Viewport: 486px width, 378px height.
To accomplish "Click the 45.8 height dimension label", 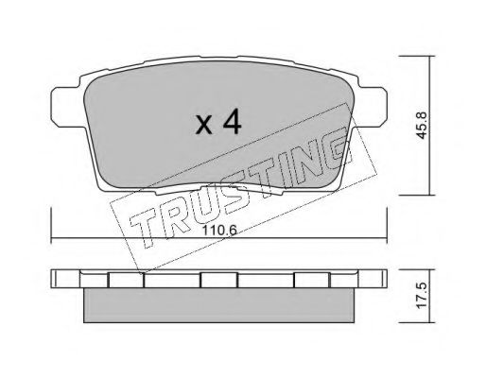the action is (422, 125).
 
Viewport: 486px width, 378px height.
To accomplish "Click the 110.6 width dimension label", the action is (219, 231).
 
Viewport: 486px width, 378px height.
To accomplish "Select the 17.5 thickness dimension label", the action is (422, 296).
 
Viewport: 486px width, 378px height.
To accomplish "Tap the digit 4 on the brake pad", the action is (232, 123).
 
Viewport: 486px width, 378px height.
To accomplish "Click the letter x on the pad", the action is (204, 125).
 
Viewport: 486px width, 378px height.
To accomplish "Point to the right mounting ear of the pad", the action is (372, 107).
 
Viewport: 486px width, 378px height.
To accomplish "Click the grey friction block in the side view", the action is (219, 305).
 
